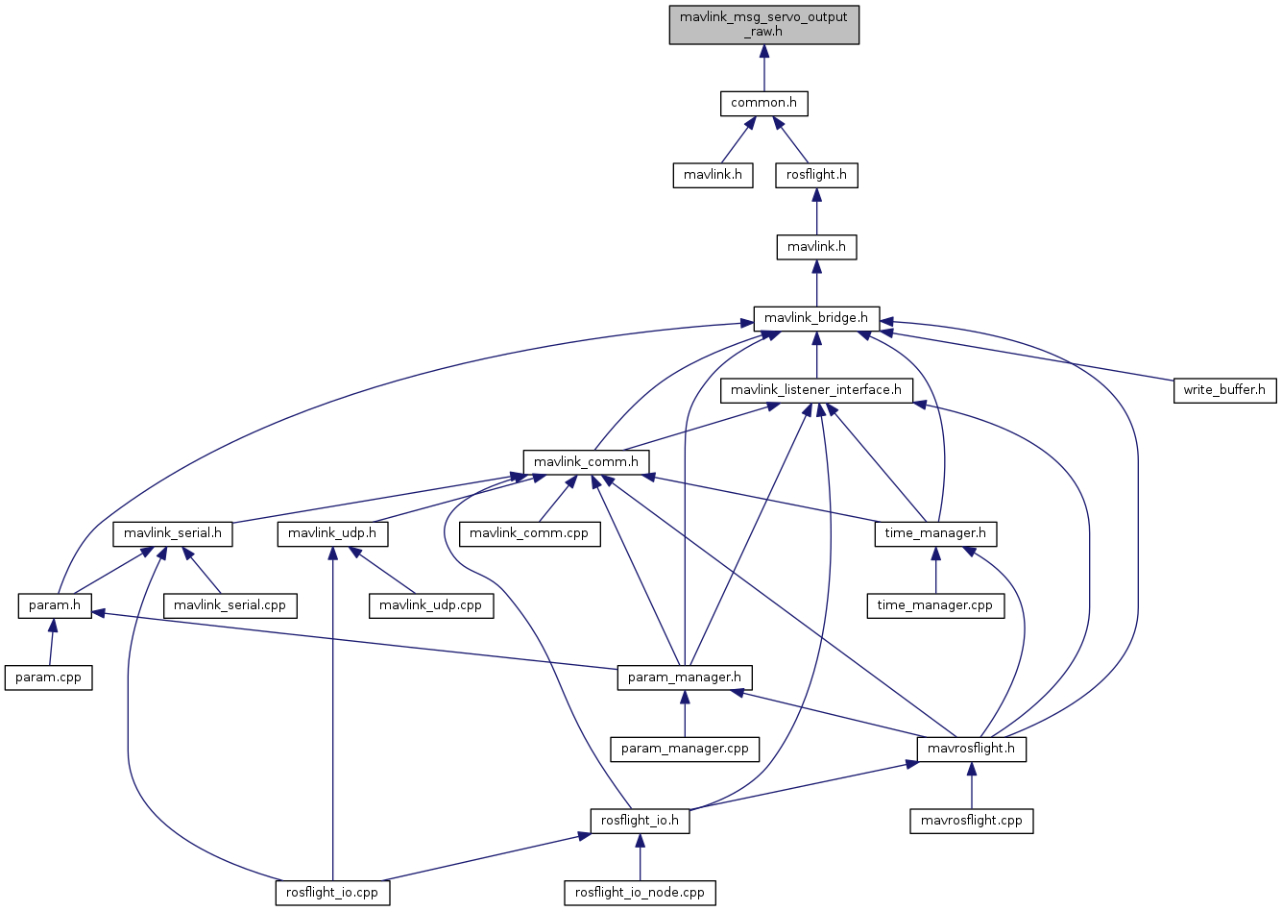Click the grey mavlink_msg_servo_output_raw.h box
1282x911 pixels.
764,25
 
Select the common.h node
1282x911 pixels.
764,104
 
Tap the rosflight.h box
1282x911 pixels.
816,175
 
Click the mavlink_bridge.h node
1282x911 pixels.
816,318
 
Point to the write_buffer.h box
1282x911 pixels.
1224,390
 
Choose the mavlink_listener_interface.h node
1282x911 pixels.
816,390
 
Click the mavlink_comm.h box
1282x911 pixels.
586,462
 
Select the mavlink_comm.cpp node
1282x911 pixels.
529,534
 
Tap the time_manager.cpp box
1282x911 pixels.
935,605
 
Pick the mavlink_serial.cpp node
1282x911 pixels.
230,605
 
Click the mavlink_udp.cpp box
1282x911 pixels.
431,605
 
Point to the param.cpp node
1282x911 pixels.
49,677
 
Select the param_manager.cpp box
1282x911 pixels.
685,749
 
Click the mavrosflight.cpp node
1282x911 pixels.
971,821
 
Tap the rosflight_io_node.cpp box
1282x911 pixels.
640,893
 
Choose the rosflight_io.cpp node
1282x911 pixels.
332,893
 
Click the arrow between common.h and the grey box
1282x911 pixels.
764,68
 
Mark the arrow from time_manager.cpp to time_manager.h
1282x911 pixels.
935,570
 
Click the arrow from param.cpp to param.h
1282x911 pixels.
52,642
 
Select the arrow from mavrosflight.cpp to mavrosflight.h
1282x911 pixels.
971,785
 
